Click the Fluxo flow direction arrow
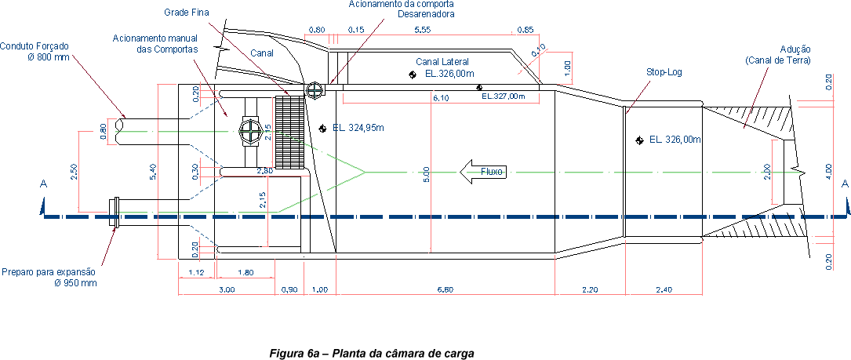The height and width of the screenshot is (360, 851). [481, 170]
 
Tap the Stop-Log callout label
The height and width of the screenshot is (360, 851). [664, 71]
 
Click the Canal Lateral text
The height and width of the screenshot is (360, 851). [442, 61]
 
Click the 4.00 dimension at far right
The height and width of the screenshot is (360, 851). [829, 170]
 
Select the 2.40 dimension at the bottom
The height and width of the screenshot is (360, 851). [663, 289]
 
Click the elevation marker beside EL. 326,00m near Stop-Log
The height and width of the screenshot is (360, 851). [640, 140]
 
